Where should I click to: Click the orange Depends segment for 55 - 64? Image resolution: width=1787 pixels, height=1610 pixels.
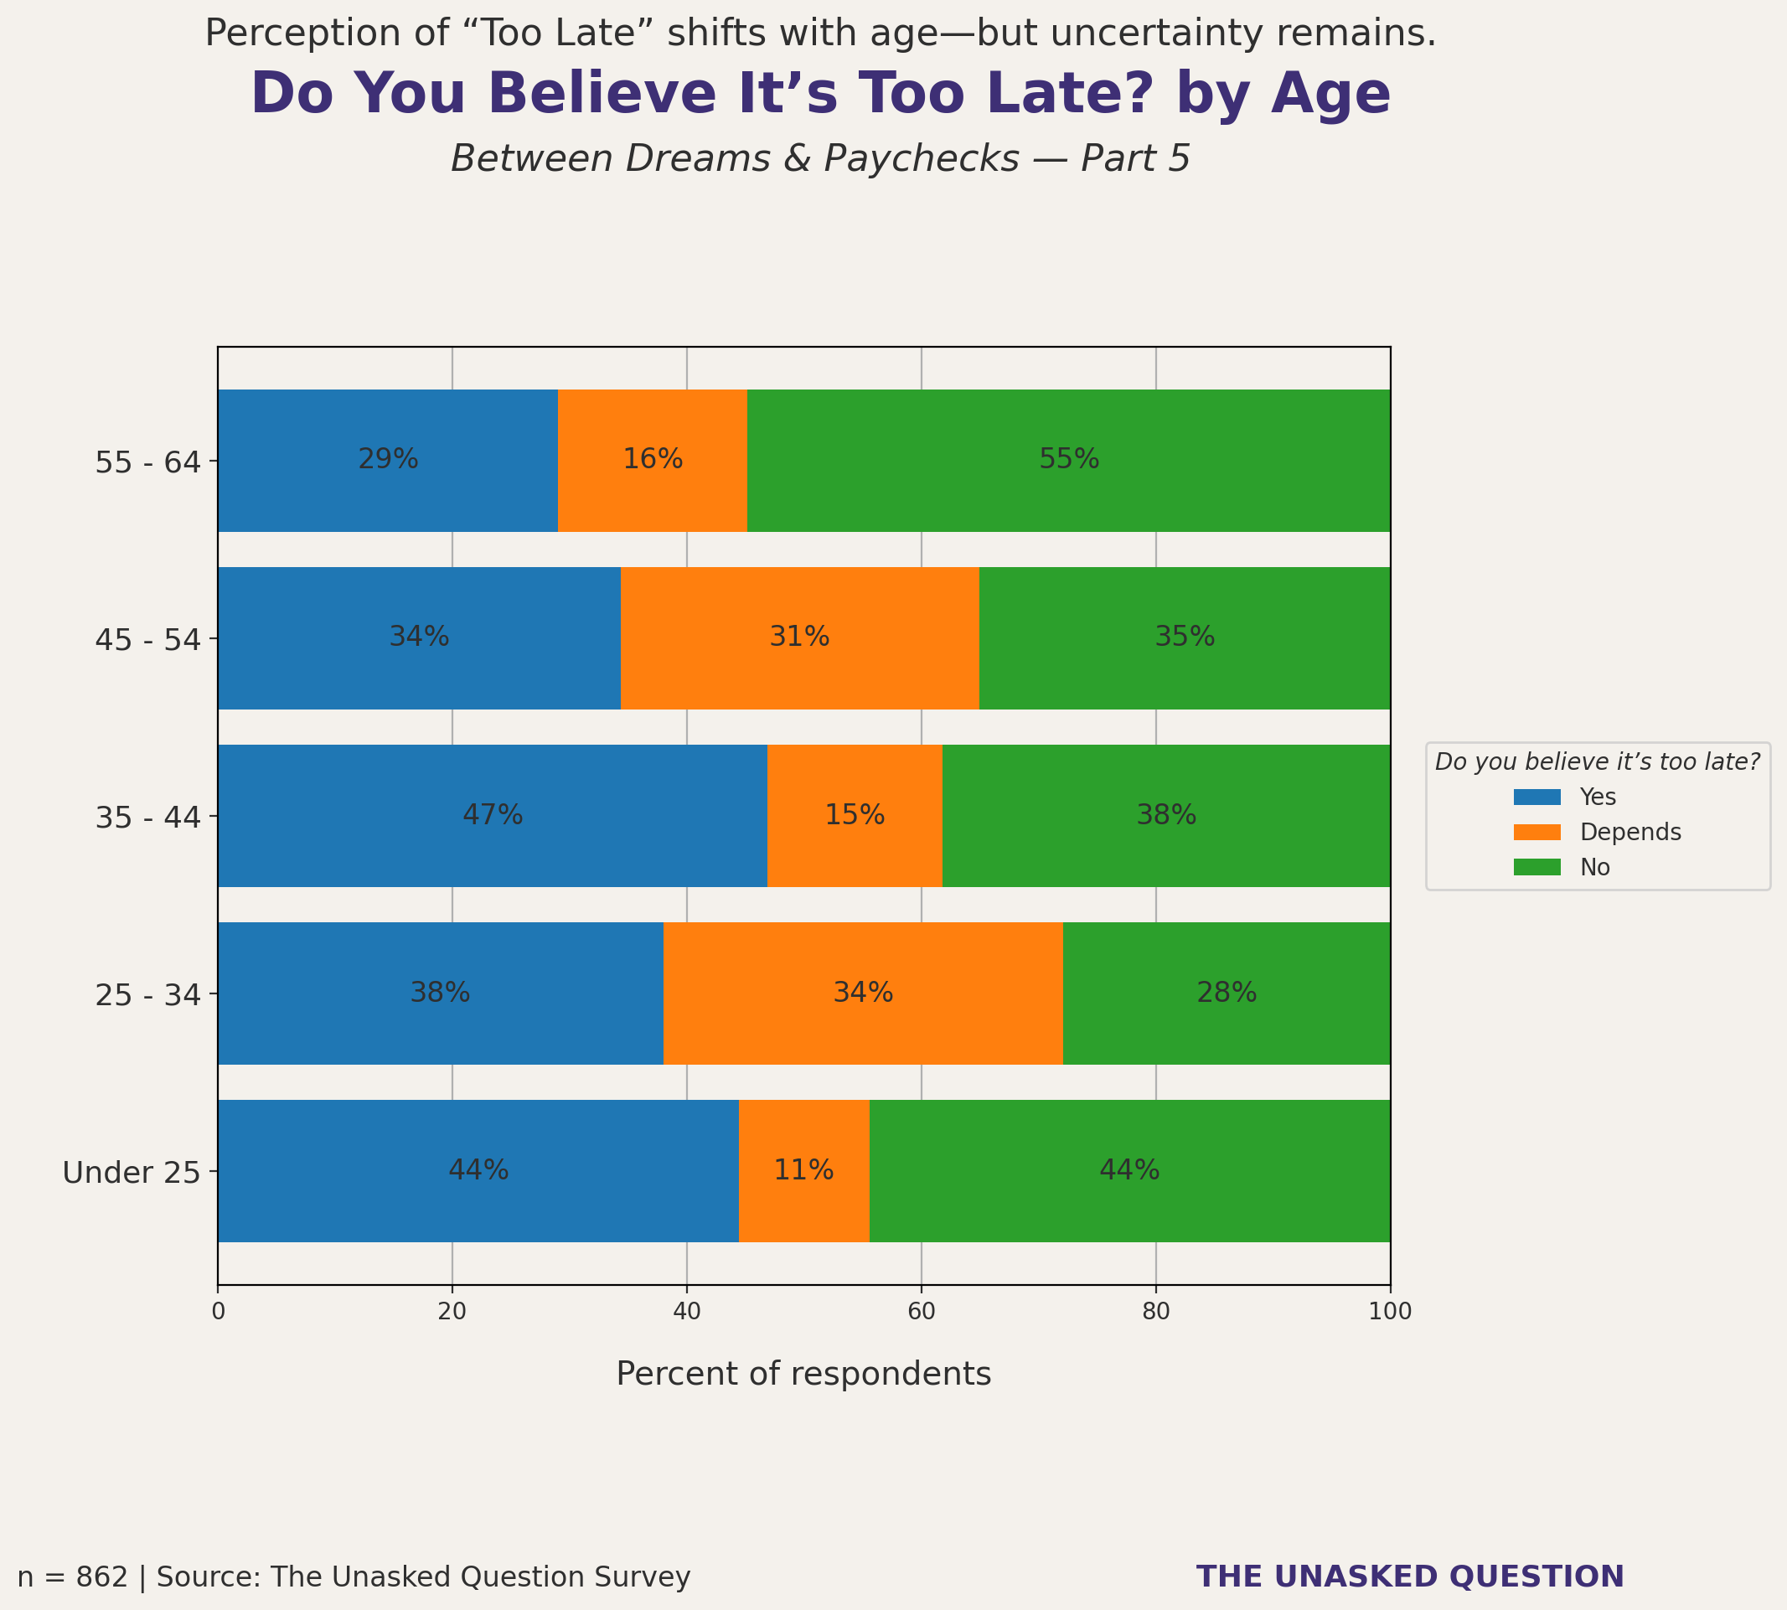(x=652, y=460)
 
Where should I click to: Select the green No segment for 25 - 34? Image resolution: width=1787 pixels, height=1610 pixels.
(x=1227, y=993)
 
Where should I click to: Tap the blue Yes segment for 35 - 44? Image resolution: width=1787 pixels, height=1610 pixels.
(x=492, y=816)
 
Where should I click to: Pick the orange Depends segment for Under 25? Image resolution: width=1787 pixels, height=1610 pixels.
(x=803, y=1170)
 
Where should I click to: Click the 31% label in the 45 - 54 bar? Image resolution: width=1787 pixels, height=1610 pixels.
(x=799, y=637)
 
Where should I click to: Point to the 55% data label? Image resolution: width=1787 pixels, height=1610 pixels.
(x=1069, y=459)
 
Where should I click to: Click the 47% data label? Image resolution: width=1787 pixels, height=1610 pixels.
(x=493, y=815)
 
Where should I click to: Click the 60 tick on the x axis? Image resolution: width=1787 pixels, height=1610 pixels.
(x=921, y=1312)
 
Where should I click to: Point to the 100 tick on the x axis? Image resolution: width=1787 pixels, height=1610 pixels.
(x=1390, y=1312)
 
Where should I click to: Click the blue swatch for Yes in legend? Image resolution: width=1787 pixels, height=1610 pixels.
(x=1537, y=797)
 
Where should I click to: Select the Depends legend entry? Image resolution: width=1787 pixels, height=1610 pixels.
(x=1629, y=833)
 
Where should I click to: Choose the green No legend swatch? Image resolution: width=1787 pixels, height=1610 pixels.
(x=1537, y=868)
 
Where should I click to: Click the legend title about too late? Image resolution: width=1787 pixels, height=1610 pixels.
(x=1597, y=762)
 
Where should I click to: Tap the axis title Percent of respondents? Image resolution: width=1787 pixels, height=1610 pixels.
(x=803, y=1374)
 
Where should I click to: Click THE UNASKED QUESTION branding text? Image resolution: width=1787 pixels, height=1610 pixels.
(x=1410, y=1576)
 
